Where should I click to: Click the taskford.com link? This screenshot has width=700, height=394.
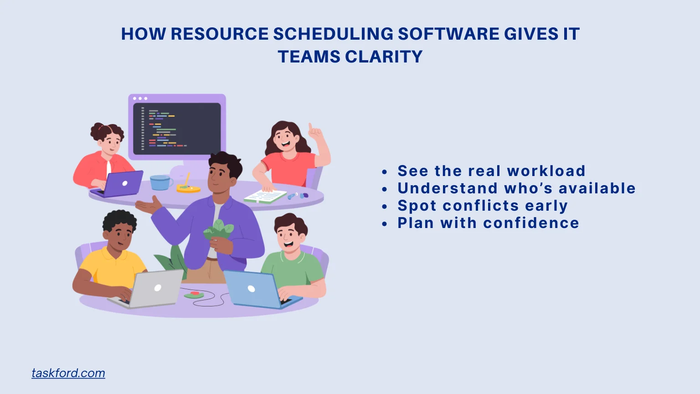pos(68,373)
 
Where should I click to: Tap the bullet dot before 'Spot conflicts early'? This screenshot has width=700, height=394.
pos(385,207)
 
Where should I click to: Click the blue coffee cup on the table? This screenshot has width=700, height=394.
pos(160,182)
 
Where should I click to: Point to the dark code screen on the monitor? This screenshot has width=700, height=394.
pos(177,128)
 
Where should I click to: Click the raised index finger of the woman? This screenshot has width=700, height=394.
pos(310,128)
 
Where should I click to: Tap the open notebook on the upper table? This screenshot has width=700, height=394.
pos(265,197)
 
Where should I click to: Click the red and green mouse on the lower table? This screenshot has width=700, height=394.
pos(194,295)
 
